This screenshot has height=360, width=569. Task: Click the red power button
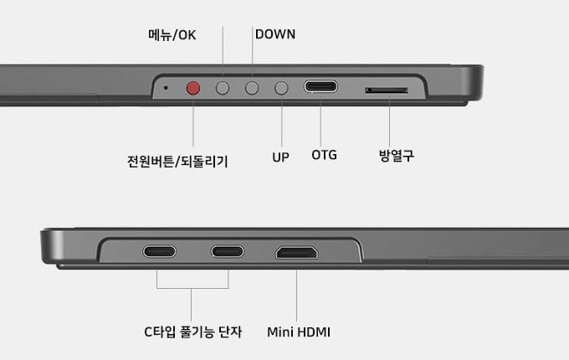pyautogui.click(x=193, y=88)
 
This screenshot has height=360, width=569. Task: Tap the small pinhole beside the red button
pyautogui.click(x=166, y=88)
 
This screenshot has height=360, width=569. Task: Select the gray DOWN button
pyautogui.click(x=252, y=88)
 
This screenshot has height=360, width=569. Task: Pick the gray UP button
pyautogui.click(x=281, y=88)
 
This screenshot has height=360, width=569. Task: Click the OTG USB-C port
pyautogui.click(x=320, y=87)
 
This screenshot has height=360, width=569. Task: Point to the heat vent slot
pyautogui.click(x=387, y=90)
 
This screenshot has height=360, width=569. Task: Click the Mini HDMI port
pyautogui.click(x=297, y=253)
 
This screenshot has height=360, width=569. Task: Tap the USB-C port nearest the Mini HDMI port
pyautogui.click(x=228, y=251)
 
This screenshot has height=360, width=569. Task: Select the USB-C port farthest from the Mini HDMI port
pyautogui.click(x=159, y=251)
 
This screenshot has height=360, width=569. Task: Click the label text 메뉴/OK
pyautogui.click(x=172, y=35)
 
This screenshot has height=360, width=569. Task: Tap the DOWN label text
pyautogui.click(x=275, y=34)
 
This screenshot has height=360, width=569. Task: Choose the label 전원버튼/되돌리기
pyautogui.click(x=177, y=162)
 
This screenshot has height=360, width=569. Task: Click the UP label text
pyautogui.click(x=280, y=157)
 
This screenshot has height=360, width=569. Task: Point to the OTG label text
pyautogui.click(x=324, y=156)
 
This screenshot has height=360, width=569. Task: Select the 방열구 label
pyautogui.click(x=397, y=156)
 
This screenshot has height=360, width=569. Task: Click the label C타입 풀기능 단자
pyautogui.click(x=192, y=332)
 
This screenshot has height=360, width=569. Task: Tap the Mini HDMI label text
pyautogui.click(x=299, y=332)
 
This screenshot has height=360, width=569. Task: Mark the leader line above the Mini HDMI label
pyautogui.click(x=296, y=296)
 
